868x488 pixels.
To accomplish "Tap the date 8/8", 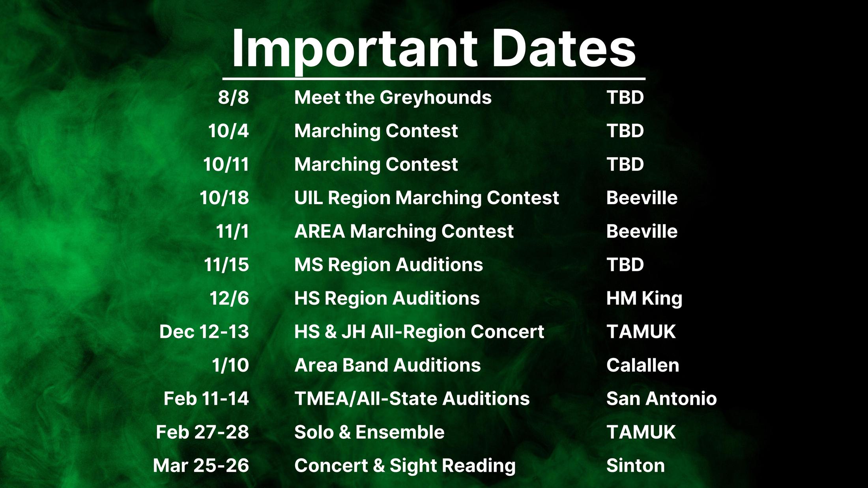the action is coord(234,97).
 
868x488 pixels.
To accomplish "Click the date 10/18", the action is coord(224,198).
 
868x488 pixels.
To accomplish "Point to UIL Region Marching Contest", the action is coord(427,198).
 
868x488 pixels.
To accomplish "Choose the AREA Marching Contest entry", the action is coord(404,232).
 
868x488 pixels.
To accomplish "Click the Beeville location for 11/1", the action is coord(642,231).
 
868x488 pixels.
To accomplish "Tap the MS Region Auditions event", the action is coord(389,265).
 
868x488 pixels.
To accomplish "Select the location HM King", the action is coord(644,299).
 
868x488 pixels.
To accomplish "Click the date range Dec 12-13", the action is coord(204,332).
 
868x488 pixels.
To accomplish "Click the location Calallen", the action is coord(643,365).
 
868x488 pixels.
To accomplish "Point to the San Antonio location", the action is coord(662,399).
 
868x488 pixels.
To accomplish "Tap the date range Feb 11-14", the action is coord(206,399).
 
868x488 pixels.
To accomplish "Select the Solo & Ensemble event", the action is coord(369,432).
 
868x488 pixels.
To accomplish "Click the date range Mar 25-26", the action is coord(201,466).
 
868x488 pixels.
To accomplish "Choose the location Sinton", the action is coord(636,466).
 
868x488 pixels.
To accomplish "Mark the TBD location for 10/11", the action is coord(625,164).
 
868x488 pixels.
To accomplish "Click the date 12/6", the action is coord(229,298).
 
